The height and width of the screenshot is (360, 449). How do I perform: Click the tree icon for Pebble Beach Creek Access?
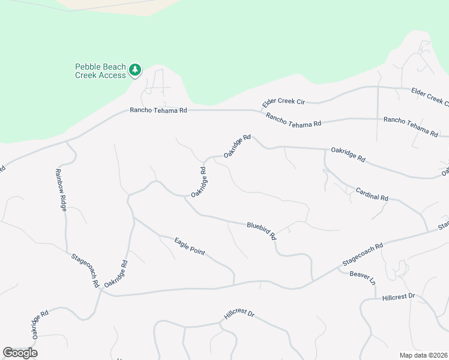pos(136,71)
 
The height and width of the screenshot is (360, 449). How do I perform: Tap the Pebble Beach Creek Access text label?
pos(100,71)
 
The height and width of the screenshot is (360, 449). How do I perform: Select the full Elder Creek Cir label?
pos(284,102)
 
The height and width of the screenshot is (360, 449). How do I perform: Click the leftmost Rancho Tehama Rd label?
pos(159,110)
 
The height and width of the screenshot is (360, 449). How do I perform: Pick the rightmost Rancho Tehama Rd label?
pos(411,125)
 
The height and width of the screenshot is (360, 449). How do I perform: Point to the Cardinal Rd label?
pos(372,194)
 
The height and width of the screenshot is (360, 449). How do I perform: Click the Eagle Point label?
pos(190,247)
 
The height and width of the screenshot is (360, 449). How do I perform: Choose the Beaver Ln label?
pos(363,278)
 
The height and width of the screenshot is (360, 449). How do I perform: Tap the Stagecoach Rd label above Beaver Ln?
pos(363,254)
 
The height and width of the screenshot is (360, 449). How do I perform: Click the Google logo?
pos(20,353)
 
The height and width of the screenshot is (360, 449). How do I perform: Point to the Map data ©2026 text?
pos(423,355)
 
